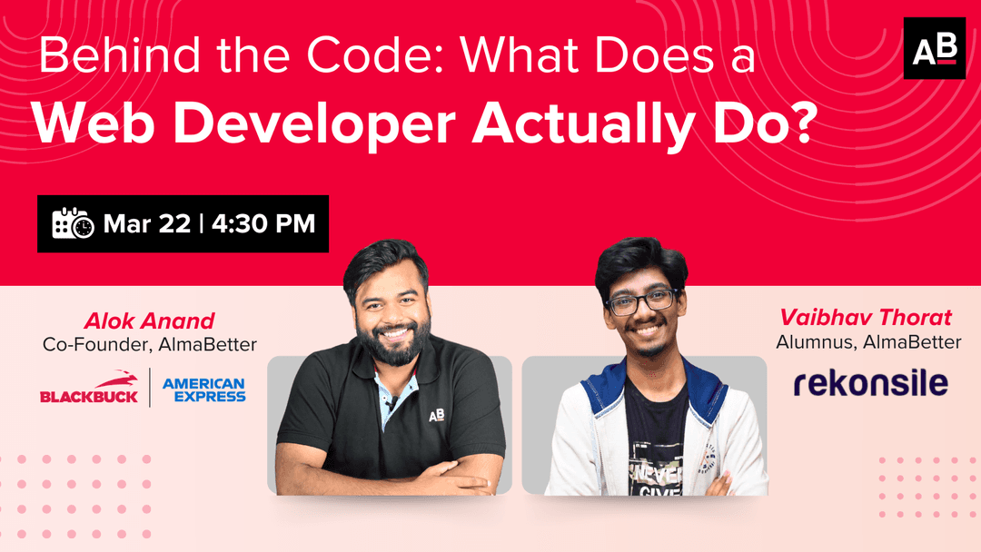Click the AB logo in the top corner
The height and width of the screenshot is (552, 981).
point(934,48)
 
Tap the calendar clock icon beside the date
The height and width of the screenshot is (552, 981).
point(73,223)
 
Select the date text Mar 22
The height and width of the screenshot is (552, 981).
point(146,223)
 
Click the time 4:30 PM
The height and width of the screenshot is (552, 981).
point(263,223)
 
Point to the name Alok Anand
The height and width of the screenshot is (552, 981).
point(149,320)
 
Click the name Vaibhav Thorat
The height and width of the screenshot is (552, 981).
point(865,318)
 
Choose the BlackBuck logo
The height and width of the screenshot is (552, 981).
point(89,388)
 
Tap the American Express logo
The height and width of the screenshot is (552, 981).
point(203,389)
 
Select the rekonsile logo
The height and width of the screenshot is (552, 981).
point(870,383)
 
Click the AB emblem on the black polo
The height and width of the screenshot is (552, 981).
point(436,416)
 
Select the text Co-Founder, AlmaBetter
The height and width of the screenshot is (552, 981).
point(149,345)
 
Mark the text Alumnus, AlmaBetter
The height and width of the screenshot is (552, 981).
point(868,342)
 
